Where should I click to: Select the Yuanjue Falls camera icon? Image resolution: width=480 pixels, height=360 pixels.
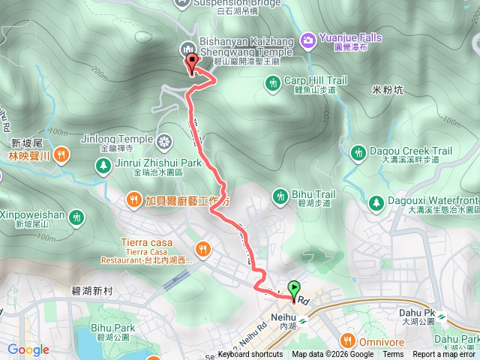coord(307,39)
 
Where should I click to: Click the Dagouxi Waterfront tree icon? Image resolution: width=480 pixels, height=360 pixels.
coord(375,202)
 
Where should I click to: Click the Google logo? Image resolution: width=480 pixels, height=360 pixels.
coord(28,349)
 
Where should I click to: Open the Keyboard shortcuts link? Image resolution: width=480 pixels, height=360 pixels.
coord(250,355)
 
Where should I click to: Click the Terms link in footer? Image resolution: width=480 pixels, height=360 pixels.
coord(393,355)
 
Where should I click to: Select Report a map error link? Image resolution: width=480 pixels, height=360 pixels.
coord(444,355)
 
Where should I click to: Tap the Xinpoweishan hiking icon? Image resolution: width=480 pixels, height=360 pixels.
coord(75,217)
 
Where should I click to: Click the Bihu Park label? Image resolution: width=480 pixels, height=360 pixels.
coord(112,328)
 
